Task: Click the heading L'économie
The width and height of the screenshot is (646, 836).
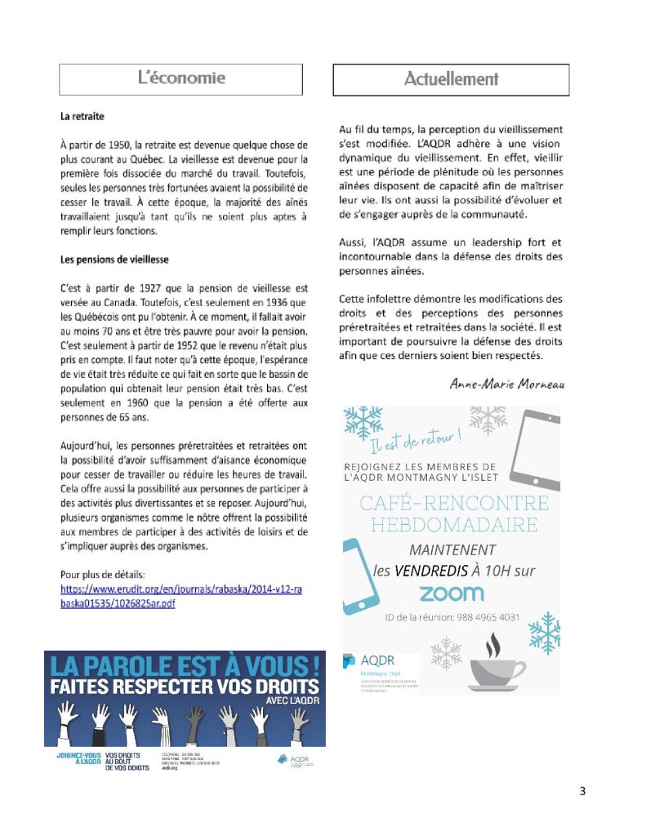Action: pyautogui.click(x=180, y=78)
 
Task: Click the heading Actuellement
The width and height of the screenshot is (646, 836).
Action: pyautogui.click(x=451, y=79)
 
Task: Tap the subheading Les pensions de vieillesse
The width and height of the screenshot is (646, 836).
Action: pyautogui.click(x=115, y=260)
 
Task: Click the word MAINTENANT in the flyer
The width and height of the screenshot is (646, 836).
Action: pyautogui.click(x=452, y=549)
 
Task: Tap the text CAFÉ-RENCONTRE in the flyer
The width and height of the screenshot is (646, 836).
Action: pyautogui.click(x=453, y=502)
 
